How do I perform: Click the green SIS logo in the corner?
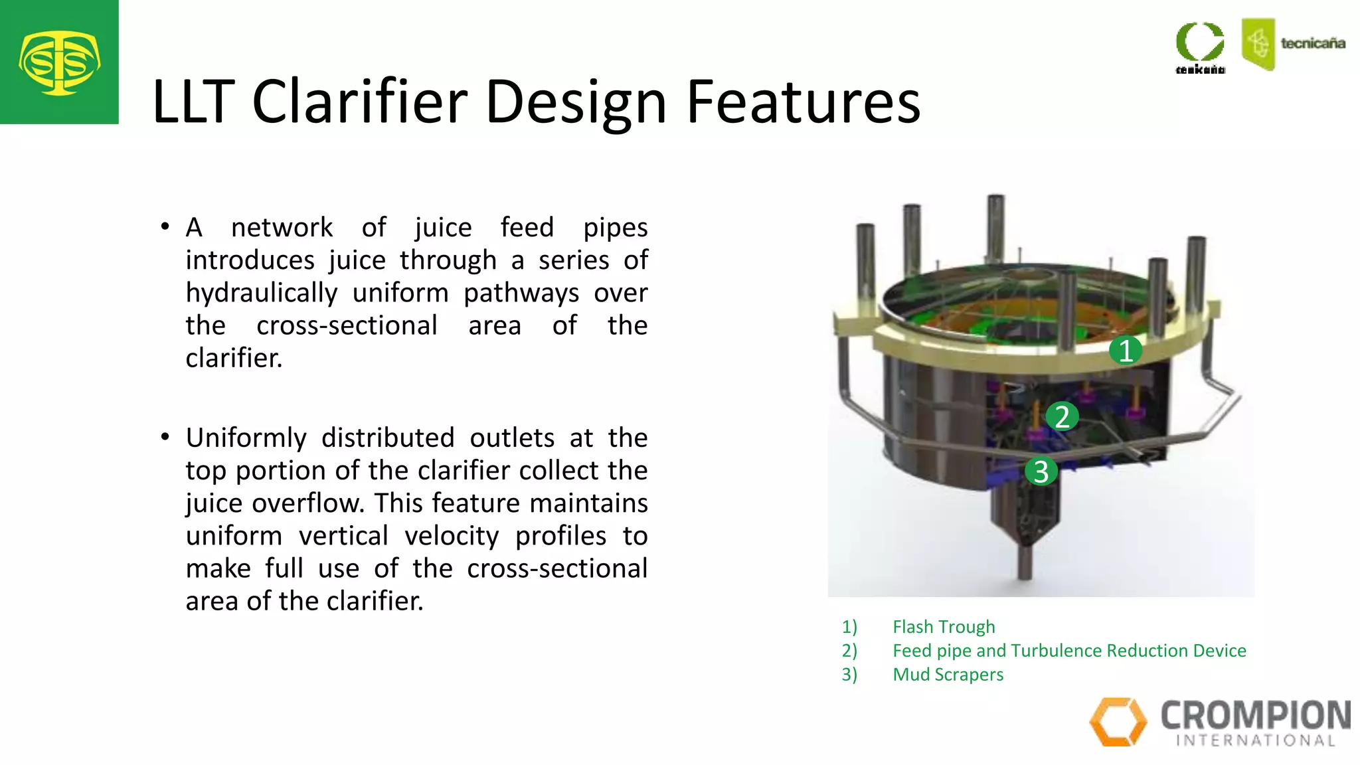pos(59,62)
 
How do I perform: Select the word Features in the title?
pos(803,102)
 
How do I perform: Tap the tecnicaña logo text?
pos(1312,44)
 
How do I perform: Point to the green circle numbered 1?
pos(1126,351)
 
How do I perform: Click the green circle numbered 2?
pos(1062,417)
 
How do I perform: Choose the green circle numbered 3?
pos(1041,471)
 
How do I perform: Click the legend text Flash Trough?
pos(944,627)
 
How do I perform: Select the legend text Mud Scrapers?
pos(948,675)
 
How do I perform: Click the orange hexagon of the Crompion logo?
pos(1118,721)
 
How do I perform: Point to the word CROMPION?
pos(1255,716)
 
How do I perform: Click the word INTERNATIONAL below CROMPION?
pos(1255,740)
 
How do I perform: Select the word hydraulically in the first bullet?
pos(262,294)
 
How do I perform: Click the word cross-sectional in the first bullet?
pos(347,325)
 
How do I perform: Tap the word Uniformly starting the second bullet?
pos(246,438)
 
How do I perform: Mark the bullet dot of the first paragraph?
pos(165,227)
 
